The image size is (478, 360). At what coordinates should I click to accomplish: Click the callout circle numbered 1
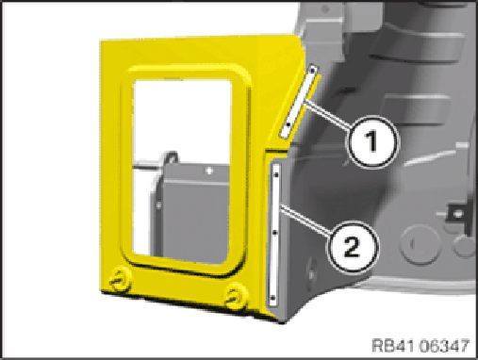(372, 142)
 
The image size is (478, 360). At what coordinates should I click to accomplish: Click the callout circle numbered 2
(353, 247)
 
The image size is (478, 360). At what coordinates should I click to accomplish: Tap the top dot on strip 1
(312, 71)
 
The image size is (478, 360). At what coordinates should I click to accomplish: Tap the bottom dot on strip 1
(288, 124)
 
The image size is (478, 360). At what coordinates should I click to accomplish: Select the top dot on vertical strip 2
(276, 174)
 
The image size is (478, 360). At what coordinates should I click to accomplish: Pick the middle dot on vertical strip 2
(275, 233)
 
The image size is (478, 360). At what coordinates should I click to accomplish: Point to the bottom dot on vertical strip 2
(272, 297)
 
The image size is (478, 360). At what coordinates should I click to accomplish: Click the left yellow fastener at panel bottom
(119, 279)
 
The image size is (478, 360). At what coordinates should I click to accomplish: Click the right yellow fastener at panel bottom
(236, 296)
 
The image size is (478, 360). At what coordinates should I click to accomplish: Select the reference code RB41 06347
(420, 346)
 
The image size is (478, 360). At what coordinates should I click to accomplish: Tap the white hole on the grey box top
(208, 171)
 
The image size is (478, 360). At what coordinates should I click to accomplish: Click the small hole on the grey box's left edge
(158, 205)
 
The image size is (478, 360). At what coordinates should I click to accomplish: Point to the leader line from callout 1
(328, 114)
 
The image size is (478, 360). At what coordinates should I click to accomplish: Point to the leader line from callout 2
(305, 221)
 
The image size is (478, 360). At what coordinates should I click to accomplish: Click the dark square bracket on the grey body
(457, 215)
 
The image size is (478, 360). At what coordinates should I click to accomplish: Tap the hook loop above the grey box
(170, 156)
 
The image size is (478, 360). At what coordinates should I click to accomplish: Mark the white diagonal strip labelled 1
(300, 101)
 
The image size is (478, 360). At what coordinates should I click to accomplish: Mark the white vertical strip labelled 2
(275, 235)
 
